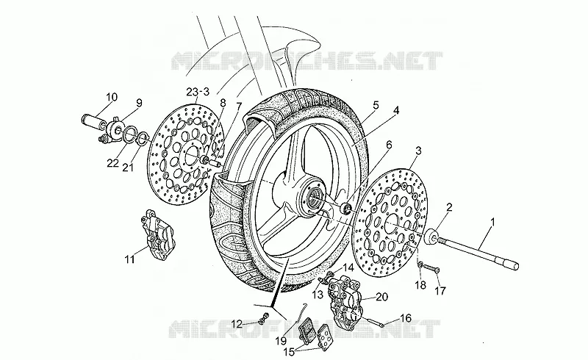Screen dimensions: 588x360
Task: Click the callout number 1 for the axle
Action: click(492, 222)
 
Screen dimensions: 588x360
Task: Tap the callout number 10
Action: click(112, 97)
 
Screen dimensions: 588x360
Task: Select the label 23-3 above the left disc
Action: click(198, 92)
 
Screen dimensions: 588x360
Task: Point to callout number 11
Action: click(130, 259)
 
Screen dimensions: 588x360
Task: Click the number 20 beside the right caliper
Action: click(381, 297)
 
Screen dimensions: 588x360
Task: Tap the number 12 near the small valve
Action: click(237, 323)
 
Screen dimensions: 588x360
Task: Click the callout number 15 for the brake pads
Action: click(289, 352)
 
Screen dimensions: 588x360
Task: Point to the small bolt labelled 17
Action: click(431, 268)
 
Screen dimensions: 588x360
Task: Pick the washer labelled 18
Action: click(421, 265)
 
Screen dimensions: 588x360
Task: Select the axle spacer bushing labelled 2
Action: click(431, 237)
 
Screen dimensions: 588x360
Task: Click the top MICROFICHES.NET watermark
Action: click(306, 61)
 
